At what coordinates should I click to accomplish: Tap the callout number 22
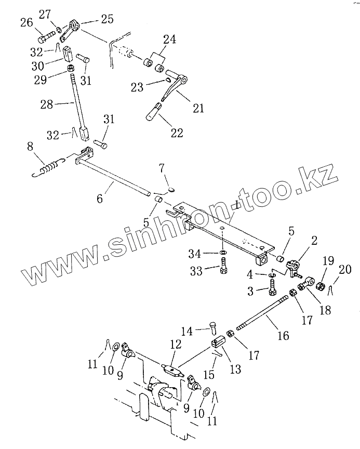(x=177, y=133)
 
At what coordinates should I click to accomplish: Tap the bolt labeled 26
(x=47, y=38)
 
